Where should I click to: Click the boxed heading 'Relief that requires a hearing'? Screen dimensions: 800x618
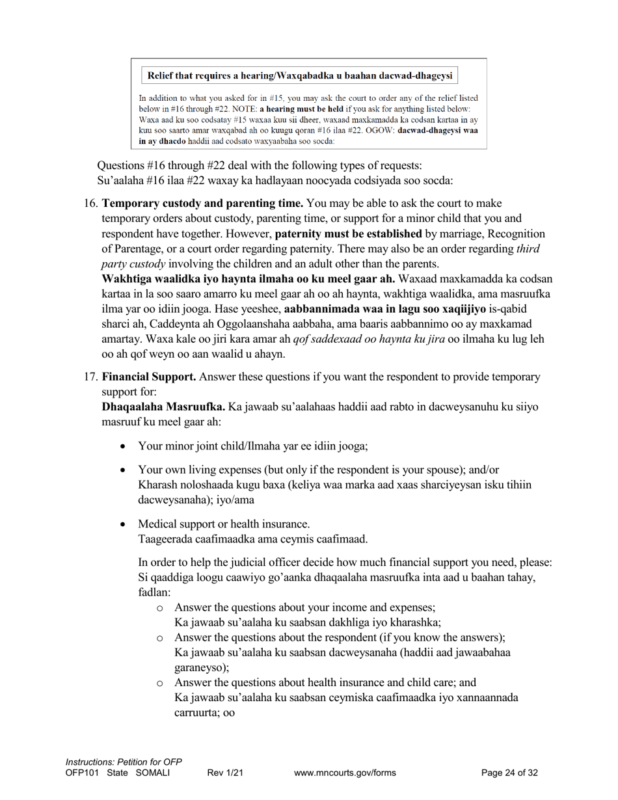299,75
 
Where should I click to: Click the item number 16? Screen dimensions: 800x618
91,204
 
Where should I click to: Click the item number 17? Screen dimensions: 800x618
91,377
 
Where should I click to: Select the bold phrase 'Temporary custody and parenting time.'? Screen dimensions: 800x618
202,204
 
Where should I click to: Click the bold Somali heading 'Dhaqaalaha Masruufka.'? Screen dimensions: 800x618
163,407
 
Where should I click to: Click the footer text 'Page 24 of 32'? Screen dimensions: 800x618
509,773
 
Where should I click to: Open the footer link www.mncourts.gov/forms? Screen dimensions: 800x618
345,773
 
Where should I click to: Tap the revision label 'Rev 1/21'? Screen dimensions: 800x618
225,773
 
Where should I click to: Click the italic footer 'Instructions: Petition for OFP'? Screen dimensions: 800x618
124,762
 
